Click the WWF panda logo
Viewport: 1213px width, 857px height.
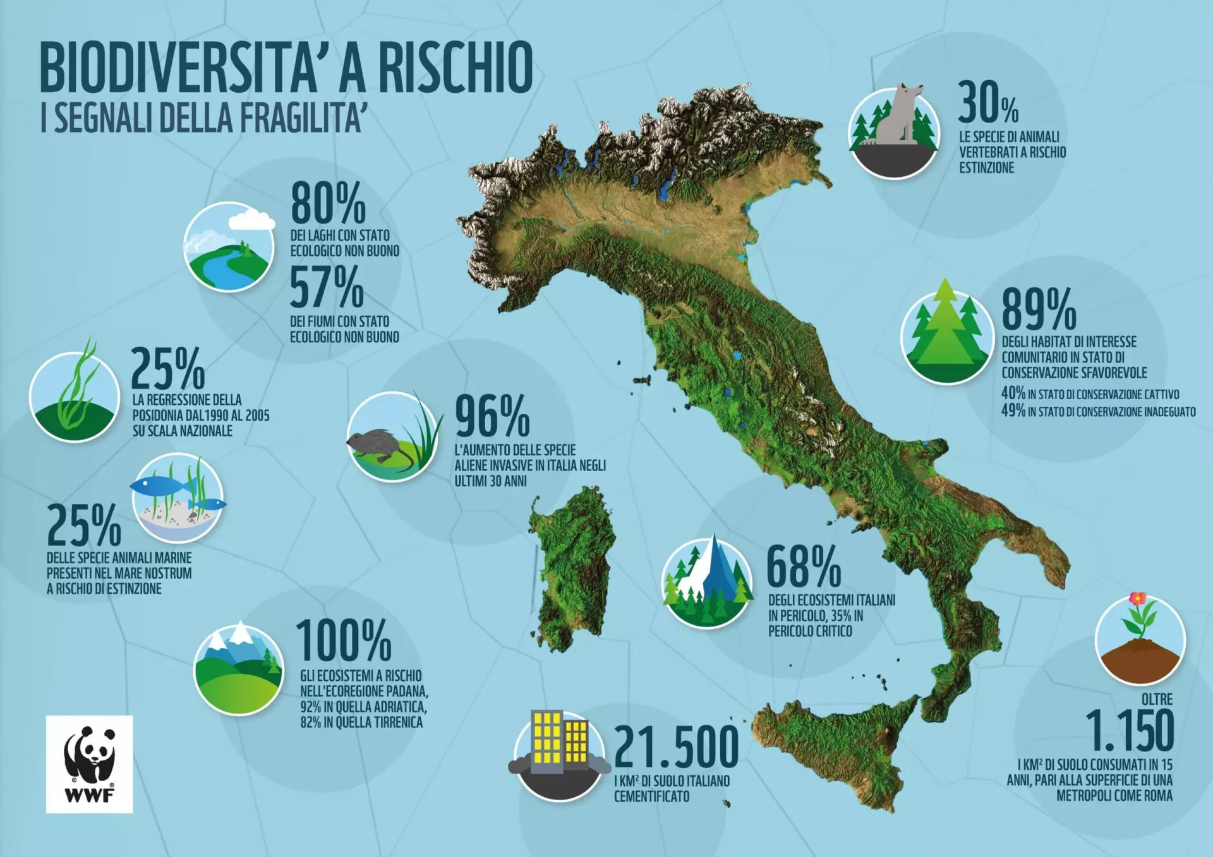coord(89,763)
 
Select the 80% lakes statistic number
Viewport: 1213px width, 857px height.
coord(328,203)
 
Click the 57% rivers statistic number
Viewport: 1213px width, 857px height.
coord(327,287)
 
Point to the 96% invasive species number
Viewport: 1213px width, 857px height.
coord(492,416)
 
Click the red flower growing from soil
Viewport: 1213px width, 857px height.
coord(1137,599)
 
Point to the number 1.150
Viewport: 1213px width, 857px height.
coord(1130,731)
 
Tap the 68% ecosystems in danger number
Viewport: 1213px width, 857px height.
coord(804,567)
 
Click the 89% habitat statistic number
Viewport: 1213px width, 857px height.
coord(1039,309)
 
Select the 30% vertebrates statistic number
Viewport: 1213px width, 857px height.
coord(987,102)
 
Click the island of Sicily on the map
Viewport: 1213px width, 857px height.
coord(834,752)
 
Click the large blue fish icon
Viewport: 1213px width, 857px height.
coord(157,485)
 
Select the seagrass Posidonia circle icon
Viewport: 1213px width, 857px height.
coord(75,397)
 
